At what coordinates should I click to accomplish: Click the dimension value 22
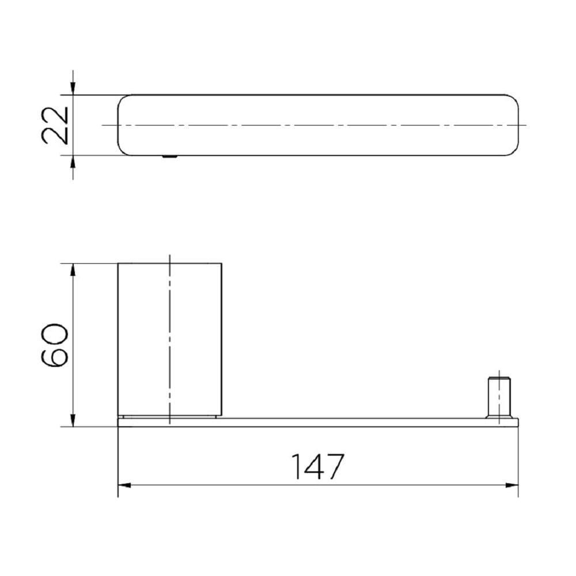tap(55, 125)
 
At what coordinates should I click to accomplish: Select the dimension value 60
tap(55, 345)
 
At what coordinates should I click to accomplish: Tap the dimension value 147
tap(318, 467)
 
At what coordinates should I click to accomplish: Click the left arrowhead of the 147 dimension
tap(124, 485)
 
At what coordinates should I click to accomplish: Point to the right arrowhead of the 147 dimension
tap(511, 485)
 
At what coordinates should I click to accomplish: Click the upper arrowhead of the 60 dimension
tap(73, 270)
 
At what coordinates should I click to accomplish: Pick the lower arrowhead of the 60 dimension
tap(73, 420)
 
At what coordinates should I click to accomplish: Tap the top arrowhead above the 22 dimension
tap(73, 88)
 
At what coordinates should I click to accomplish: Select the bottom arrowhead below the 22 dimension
tap(73, 162)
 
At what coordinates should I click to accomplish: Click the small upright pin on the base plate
tap(499, 397)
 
